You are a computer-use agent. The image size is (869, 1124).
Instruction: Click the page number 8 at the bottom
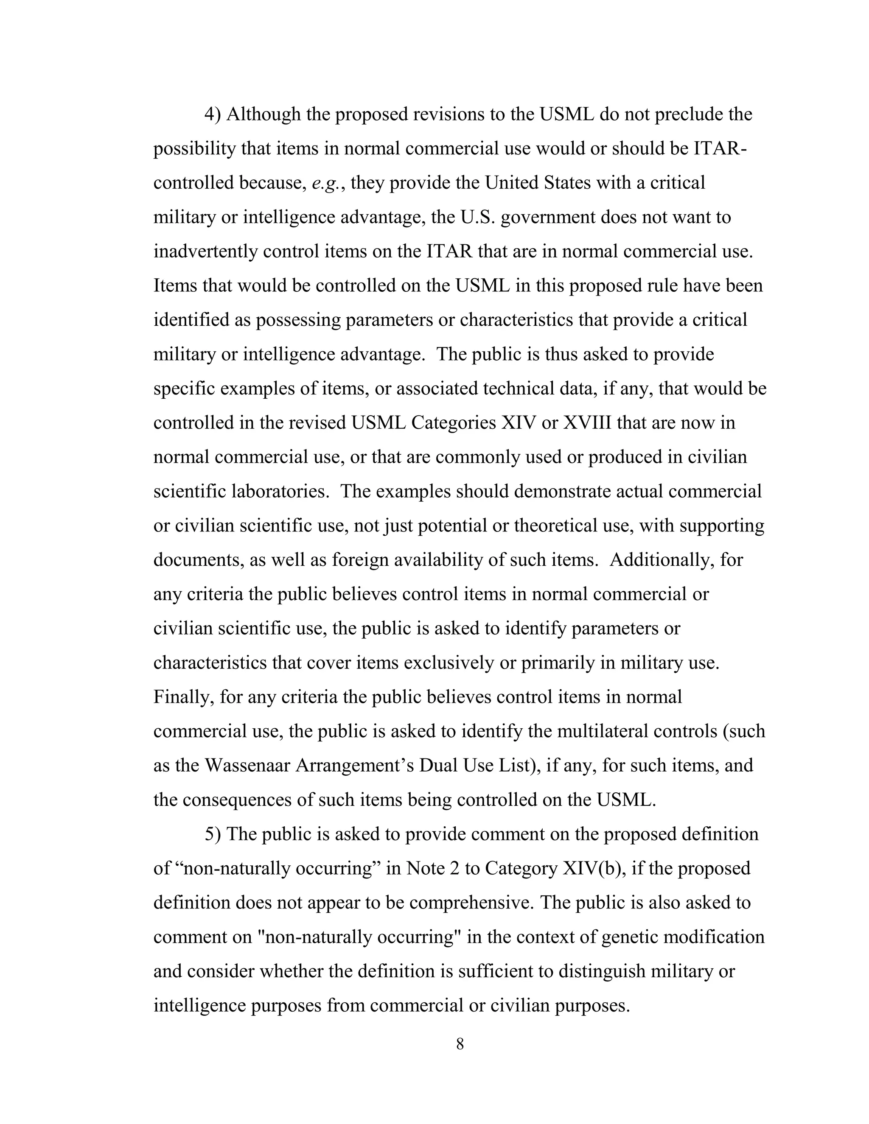(x=460, y=1044)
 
